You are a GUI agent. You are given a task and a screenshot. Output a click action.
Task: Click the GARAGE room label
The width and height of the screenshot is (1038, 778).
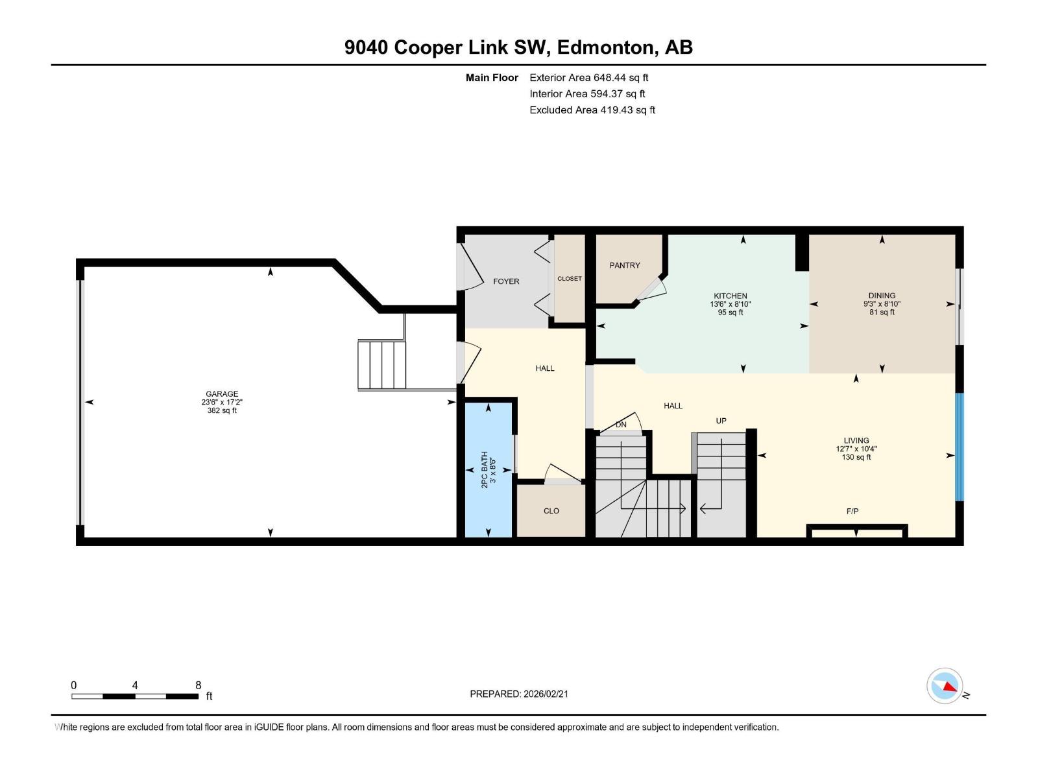click(x=222, y=394)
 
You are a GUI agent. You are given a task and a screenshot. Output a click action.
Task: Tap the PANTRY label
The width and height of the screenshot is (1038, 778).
click(x=624, y=265)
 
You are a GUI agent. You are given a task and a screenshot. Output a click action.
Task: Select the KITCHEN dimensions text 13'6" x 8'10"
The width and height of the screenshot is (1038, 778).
click(x=730, y=304)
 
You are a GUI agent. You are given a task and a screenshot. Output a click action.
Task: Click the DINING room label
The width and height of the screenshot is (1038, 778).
click(x=882, y=296)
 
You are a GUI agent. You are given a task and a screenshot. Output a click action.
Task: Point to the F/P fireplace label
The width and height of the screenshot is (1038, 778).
click(x=852, y=512)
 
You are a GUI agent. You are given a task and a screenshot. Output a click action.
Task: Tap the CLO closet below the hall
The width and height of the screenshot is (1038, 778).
click(x=551, y=511)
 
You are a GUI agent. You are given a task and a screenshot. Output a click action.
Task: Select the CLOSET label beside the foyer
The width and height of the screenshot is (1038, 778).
click(x=570, y=279)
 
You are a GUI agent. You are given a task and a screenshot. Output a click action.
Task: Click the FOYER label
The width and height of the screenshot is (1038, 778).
click(x=506, y=281)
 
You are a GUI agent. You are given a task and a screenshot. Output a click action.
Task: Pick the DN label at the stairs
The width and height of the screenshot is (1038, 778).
click(x=621, y=425)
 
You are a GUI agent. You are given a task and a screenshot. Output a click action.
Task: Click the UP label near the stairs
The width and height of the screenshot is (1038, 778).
click(x=721, y=421)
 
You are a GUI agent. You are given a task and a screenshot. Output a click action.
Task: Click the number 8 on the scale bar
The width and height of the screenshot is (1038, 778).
click(x=199, y=685)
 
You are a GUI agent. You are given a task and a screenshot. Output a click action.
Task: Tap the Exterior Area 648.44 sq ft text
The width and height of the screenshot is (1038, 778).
click(x=588, y=78)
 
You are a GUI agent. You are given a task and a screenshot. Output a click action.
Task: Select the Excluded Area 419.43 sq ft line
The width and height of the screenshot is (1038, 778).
click(x=592, y=110)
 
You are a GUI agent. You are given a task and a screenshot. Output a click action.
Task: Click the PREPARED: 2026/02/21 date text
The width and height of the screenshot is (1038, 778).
click(x=519, y=694)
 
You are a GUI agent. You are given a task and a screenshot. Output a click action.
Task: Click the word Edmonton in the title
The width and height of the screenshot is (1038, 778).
click(x=605, y=47)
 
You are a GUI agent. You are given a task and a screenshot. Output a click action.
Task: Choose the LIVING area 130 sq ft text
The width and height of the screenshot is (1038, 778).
click(x=856, y=457)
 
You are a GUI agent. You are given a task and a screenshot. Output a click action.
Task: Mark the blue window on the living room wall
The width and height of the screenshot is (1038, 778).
click(x=960, y=447)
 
